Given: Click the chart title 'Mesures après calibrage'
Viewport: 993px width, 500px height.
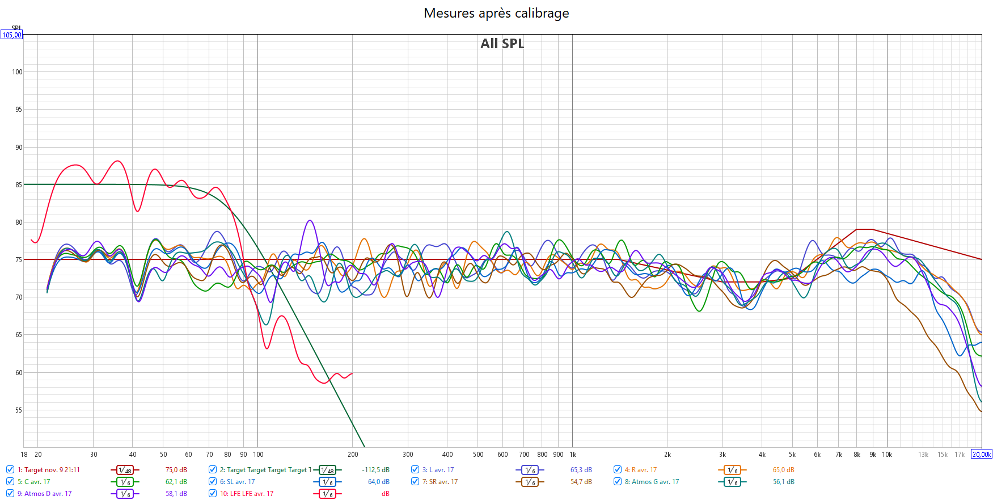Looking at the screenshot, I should (x=496, y=13).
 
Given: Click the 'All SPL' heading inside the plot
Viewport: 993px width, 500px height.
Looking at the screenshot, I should (x=502, y=44).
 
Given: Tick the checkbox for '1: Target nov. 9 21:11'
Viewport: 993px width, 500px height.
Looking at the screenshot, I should (x=10, y=469).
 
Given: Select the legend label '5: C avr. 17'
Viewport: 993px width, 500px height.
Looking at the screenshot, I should (x=33, y=482).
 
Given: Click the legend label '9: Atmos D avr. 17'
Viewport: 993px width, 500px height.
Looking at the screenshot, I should (x=44, y=494).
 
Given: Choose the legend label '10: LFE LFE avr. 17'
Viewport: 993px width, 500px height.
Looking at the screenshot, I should (x=247, y=494).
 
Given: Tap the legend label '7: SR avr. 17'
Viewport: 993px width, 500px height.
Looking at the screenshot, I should (x=440, y=482).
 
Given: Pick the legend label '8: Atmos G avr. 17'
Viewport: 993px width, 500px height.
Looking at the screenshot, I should (x=652, y=482).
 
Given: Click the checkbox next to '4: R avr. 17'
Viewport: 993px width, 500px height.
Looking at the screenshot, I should (x=618, y=469).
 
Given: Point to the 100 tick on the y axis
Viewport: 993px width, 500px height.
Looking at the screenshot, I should (x=17, y=72).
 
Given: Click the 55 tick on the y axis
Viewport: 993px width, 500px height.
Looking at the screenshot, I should (x=19, y=410).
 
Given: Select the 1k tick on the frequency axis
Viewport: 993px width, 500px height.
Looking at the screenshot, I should (x=573, y=455).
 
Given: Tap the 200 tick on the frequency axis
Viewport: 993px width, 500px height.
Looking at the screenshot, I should (x=353, y=455).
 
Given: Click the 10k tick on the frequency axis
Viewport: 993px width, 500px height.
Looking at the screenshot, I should (x=887, y=455).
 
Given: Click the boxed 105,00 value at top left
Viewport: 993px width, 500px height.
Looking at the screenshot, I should (x=11, y=35).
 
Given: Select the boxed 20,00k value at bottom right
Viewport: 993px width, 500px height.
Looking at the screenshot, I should (x=982, y=455).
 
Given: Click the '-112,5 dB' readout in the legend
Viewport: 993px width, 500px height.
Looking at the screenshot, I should (x=375, y=470).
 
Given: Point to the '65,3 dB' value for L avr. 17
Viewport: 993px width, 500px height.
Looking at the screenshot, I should (x=581, y=470).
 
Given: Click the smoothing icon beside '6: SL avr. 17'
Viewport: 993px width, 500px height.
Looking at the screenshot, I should (x=327, y=482).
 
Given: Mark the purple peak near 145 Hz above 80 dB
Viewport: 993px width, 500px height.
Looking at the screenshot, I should (x=309, y=221).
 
